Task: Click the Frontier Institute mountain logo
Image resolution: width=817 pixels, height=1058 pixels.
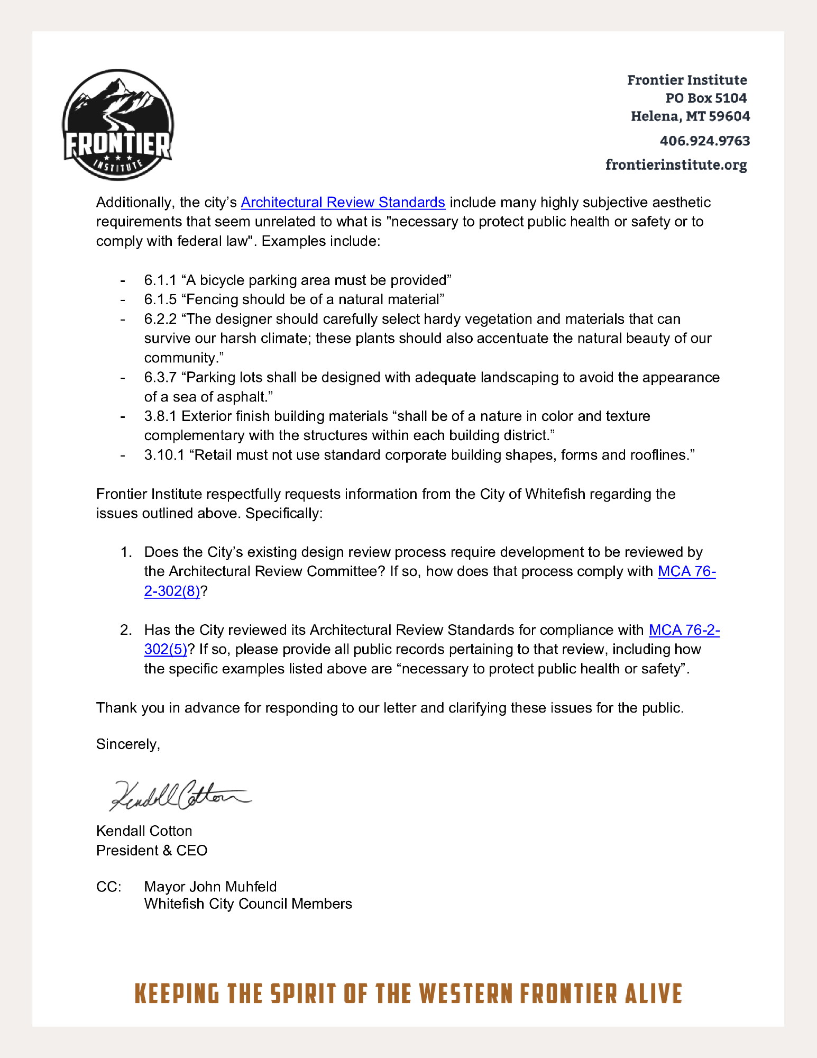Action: coord(118,125)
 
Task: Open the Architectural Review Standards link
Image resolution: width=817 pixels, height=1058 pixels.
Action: coord(343,203)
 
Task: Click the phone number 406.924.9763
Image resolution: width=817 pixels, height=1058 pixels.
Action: coord(704,141)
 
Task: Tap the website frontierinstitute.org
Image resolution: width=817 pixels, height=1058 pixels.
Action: coord(676,165)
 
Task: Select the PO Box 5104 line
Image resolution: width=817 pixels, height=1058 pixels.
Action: coord(705,98)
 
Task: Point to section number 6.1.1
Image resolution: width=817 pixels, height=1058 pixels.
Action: coord(160,280)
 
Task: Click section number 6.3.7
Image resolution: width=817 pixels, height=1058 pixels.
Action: coord(160,378)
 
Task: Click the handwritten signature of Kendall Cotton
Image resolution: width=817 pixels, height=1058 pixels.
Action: coord(180,795)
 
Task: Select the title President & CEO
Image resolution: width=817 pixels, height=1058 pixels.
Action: coord(152,851)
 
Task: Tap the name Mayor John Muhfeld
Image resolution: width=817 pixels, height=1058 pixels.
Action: coord(210,887)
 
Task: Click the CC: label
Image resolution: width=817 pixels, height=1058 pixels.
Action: coord(108,887)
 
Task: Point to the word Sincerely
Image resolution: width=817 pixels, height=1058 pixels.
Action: coord(127,744)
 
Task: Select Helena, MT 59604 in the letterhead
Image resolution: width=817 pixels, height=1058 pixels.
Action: coord(690,116)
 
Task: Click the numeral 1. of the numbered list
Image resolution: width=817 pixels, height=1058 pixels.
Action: coord(126,552)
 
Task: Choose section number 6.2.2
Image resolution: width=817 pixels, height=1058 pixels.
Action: coord(160,320)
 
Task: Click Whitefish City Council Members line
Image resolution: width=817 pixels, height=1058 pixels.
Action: coord(248,904)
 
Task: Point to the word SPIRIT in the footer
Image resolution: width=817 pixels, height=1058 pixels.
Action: coord(303,994)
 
